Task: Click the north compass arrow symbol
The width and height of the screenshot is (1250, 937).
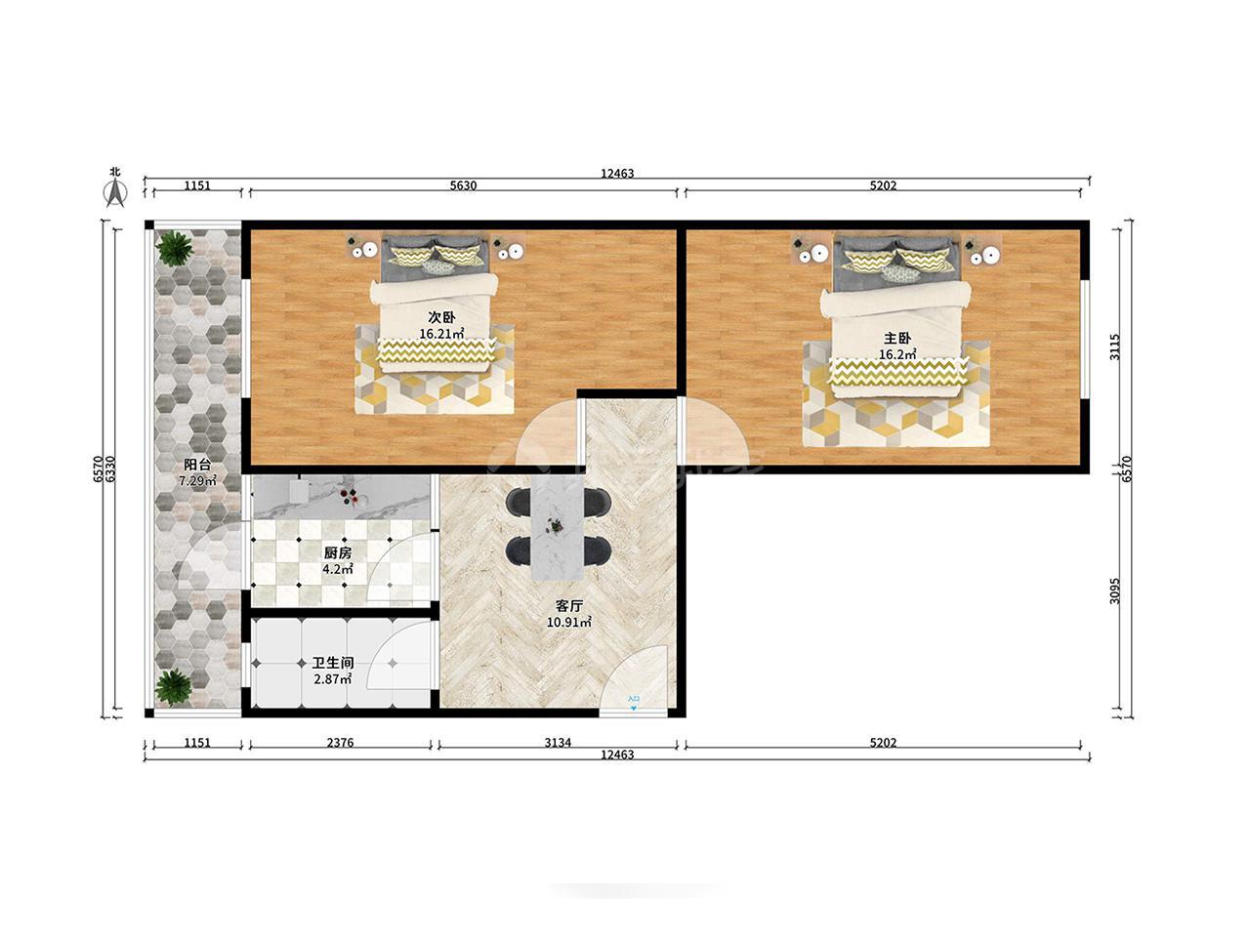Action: coord(115,192)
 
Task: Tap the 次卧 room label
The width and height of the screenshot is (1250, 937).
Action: coord(441,317)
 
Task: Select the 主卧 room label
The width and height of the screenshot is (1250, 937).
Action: coord(896,338)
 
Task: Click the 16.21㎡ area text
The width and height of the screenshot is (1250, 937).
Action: coord(441,334)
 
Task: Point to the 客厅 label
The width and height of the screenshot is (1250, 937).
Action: coord(569,606)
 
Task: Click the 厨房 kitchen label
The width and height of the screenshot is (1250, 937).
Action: coord(338,552)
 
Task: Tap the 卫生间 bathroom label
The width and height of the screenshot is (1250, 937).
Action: coord(333,663)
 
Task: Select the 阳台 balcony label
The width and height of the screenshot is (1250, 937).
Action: coord(197,465)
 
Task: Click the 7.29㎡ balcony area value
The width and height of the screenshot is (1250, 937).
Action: coord(197,481)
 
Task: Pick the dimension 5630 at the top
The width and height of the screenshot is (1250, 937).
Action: coord(463,185)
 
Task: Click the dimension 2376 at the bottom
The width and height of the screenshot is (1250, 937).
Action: coord(340,743)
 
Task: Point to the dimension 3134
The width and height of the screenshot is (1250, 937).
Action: coord(558,743)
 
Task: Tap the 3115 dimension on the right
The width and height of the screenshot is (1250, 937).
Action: coord(1114,346)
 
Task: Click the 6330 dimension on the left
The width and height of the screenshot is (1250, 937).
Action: coord(110,468)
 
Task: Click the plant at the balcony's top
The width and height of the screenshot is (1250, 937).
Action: coord(175,248)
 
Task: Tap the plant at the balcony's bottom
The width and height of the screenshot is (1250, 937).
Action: coord(174,687)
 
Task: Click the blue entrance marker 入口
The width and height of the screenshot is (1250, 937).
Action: coord(634,702)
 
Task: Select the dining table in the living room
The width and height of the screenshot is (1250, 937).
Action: coord(558,527)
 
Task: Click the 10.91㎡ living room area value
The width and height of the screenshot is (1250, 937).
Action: coord(569,623)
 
